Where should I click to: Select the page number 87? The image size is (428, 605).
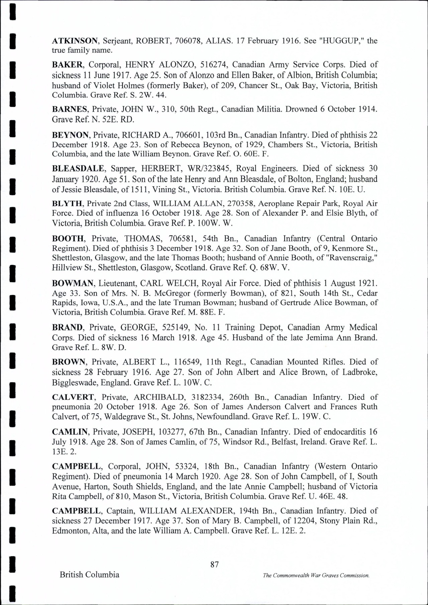pyautogui.click(x=214, y=564)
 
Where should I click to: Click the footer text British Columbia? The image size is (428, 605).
pyautogui.click(x=89, y=574)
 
